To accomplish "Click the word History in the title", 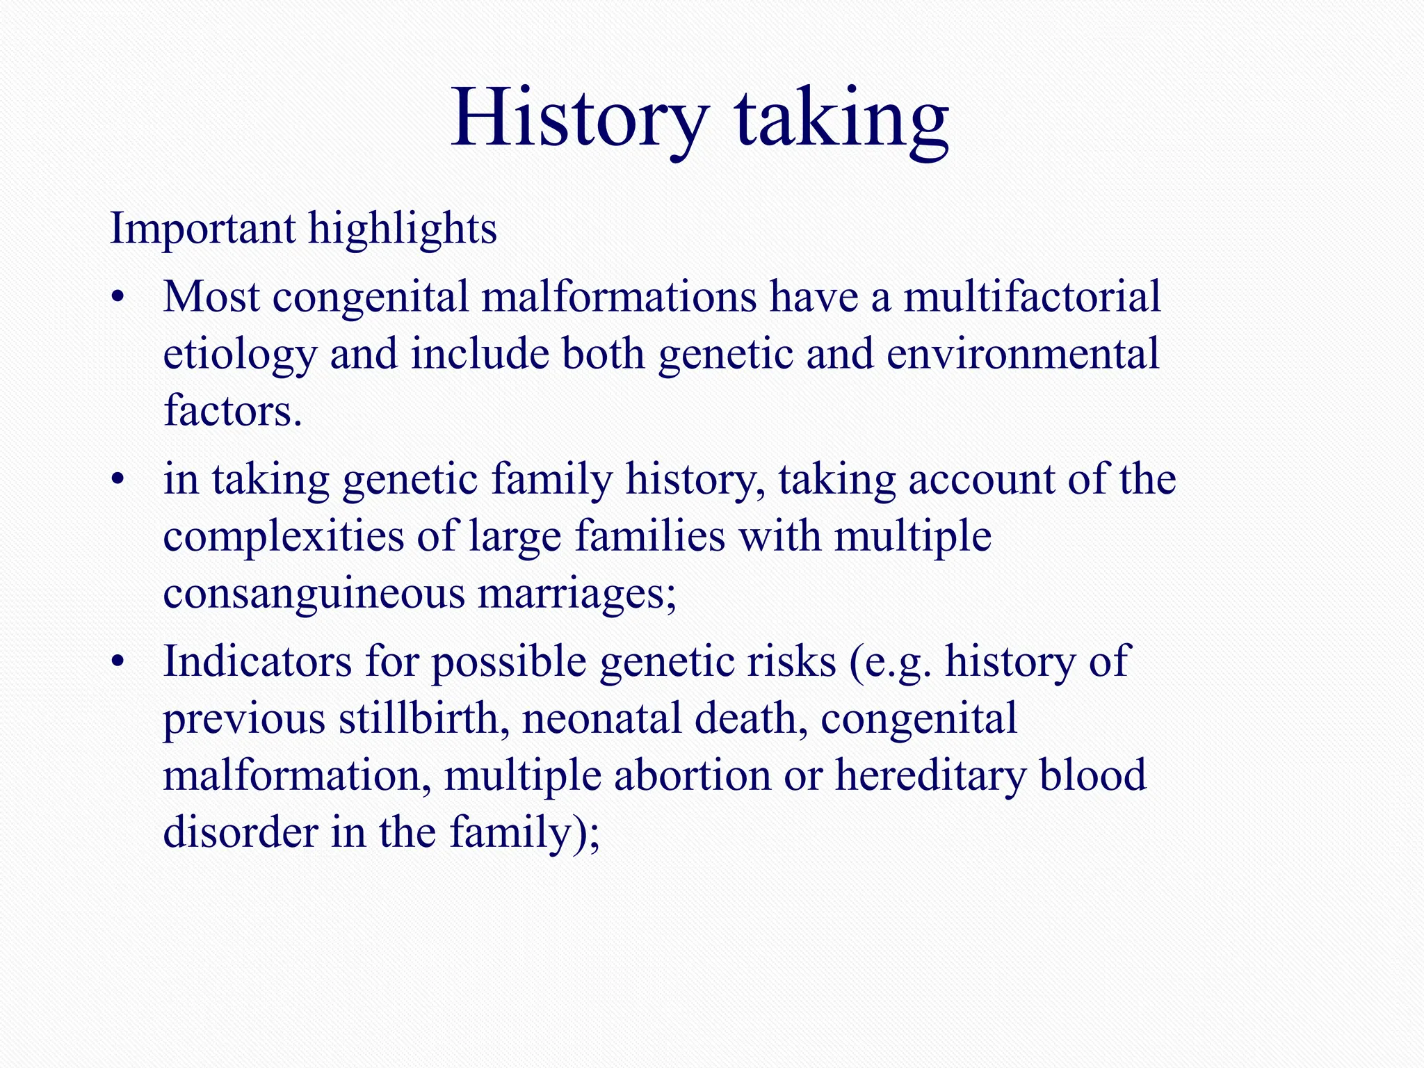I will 580,118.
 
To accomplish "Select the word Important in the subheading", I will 202,229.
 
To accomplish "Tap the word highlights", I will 403,229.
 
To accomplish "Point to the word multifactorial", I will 1032,297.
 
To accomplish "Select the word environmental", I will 1023,354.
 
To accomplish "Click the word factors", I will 232,411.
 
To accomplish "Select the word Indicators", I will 257,661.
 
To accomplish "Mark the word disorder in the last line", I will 240,832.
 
